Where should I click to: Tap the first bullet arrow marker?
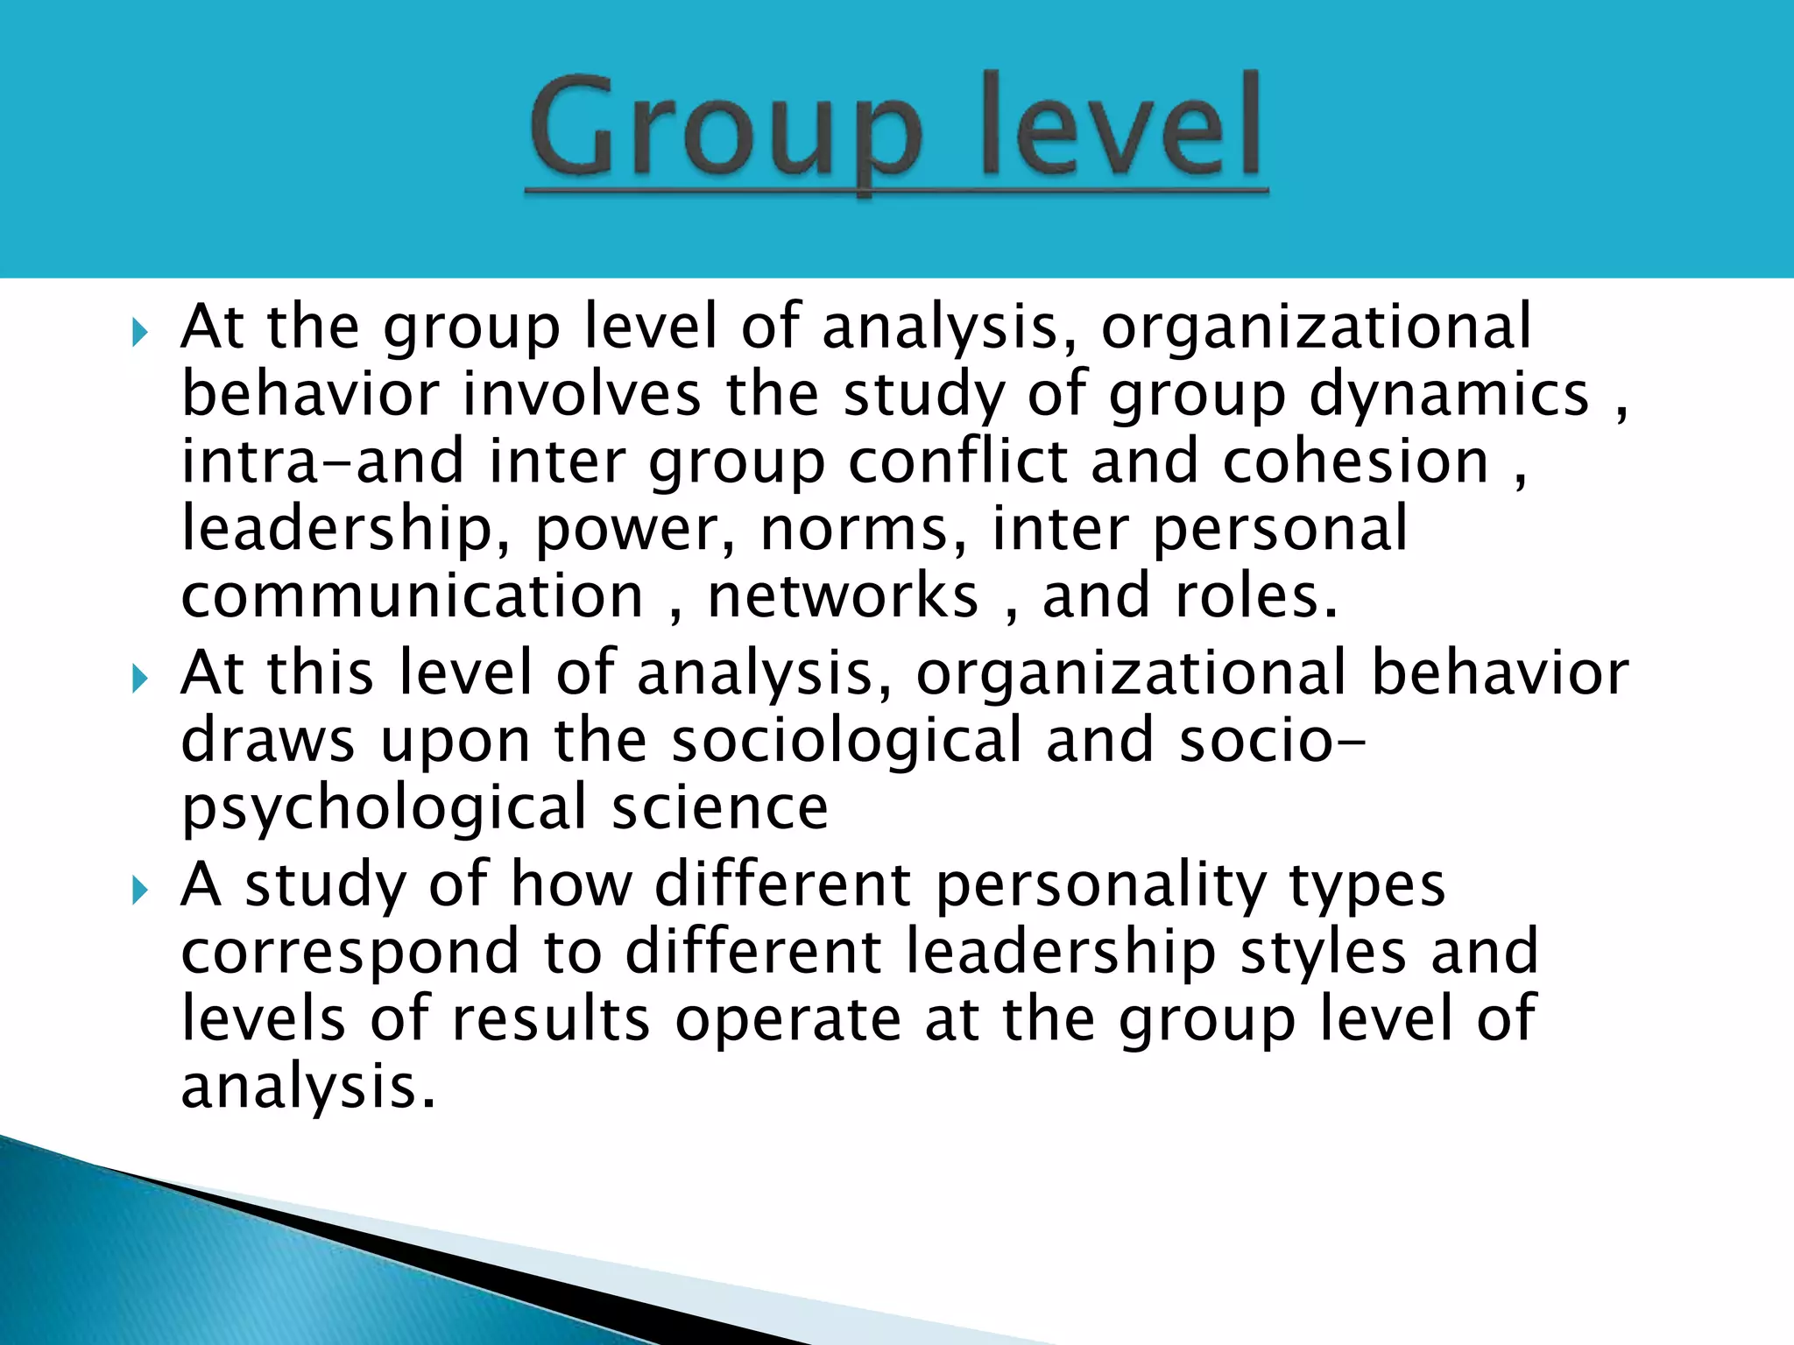pyautogui.click(x=140, y=333)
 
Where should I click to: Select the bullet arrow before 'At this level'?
pyautogui.click(x=140, y=679)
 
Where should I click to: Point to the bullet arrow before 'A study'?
pyautogui.click(x=140, y=891)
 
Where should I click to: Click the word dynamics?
pyautogui.click(x=1449, y=394)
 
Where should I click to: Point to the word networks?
pyautogui.click(x=843, y=596)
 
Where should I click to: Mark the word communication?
pyautogui.click(x=413, y=596)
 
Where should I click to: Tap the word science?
pyautogui.click(x=719, y=807)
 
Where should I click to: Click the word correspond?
pyautogui.click(x=350, y=953)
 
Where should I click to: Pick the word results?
pyautogui.click(x=551, y=1019)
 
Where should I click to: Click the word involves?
pyautogui.click(x=583, y=394)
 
